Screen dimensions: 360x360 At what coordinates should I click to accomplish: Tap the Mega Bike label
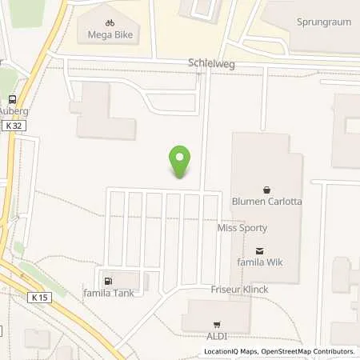tap(110, 36)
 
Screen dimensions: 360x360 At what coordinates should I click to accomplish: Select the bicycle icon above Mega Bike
tap(110, 24)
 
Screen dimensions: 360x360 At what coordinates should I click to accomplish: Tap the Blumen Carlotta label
tap(266, 202)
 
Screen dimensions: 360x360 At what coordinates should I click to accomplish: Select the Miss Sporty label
tap(242, 228)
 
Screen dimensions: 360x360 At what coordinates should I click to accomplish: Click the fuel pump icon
tap(107, 280)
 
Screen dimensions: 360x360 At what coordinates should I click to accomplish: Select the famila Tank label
tap(107, 293)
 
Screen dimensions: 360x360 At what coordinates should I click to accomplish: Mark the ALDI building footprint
tap(216, 314)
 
